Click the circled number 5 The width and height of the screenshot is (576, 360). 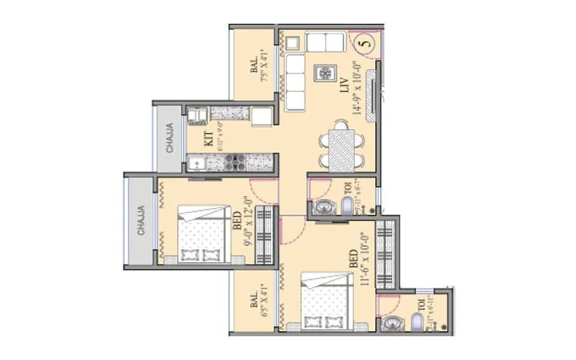[365, 42]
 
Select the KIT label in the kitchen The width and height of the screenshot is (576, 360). [207, 138]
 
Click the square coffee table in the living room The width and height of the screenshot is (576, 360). [325, 73]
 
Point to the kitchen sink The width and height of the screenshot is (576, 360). [197, 163]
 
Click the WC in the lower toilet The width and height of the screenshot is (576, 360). [419, 322]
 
